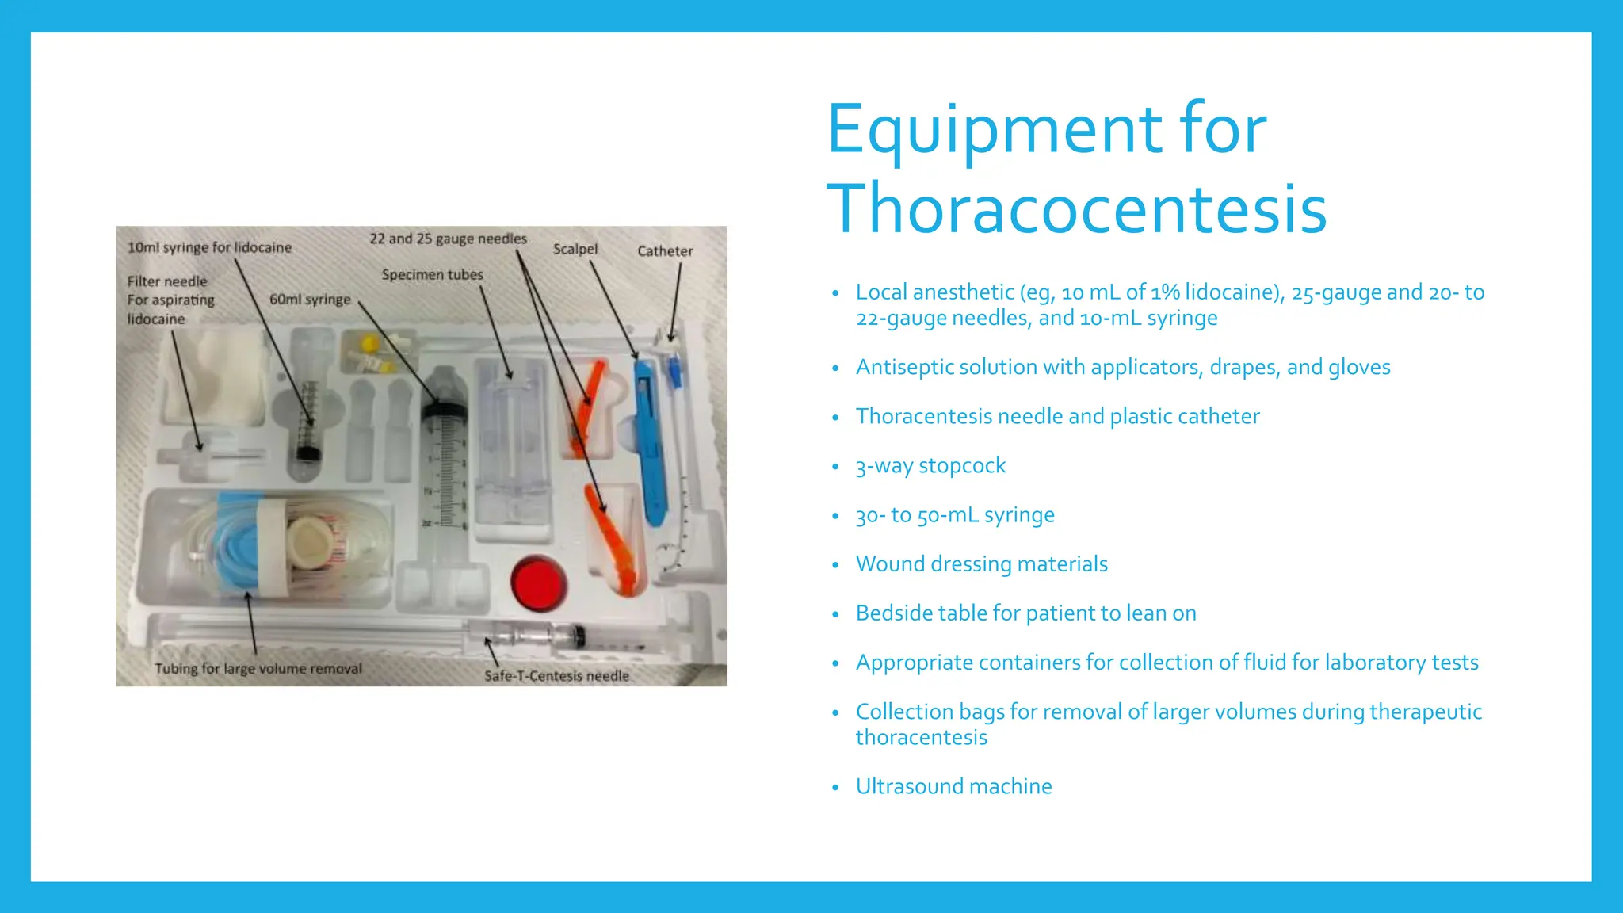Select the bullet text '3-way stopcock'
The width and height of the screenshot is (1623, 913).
click(x=930, y=466)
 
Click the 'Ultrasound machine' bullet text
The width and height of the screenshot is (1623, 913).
click(x=953, y=787)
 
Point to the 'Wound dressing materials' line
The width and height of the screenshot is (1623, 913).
click(x=981, y=564)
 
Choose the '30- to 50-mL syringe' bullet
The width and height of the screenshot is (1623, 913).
click(x=955, y=515)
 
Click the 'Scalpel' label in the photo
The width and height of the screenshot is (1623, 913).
click(x=575, y=249)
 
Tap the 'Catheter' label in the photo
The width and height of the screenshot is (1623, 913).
click(x=665, y=251)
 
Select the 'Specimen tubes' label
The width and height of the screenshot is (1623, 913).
click(x=432, y=275)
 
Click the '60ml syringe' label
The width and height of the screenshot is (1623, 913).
click(x=310, y=300)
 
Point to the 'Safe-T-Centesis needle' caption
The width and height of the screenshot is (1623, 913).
click(x=556, y=676)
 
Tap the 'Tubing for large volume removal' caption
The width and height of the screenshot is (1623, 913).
click(x=258, y=669)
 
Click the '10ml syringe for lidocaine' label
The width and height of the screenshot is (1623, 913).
click(x=209, y=247)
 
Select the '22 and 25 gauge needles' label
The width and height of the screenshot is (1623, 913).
click(x=448, y=239)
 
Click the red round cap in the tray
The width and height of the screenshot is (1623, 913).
click(x=539, y=583)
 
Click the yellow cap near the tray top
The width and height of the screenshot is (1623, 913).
click(x=369, y=344)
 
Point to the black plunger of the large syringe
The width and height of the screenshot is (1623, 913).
click(x=445, y=410)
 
